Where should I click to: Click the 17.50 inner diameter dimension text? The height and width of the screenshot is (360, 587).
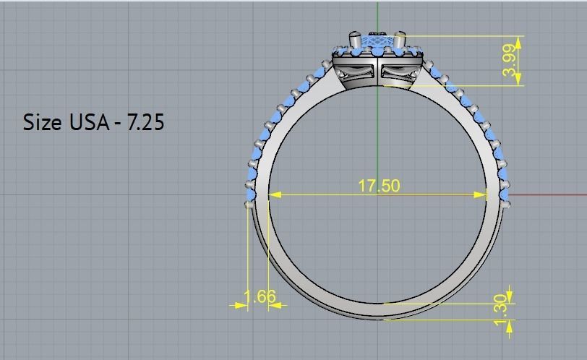(379, 185)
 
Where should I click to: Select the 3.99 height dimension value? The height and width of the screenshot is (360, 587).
(510, 60)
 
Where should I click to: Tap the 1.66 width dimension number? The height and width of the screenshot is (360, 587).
(260, 296)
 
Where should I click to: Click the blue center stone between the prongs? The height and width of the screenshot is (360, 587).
(377, 43)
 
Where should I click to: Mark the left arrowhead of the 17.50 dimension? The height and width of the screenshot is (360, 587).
(274, 194)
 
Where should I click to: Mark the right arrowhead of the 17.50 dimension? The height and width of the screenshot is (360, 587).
(482, 194)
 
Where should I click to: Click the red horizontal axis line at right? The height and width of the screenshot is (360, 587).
(549, 194)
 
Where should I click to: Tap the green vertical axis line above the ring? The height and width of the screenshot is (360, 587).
(377, 14)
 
